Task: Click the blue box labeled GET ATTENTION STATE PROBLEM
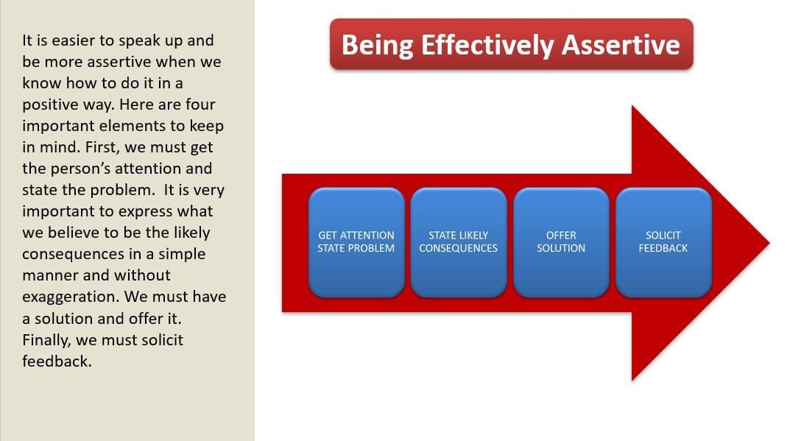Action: coord(356,242)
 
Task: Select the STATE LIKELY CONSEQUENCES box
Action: coord(459,242)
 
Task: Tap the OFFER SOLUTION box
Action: coord(562,242)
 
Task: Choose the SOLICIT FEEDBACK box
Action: coord(663,242)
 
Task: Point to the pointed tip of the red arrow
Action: coord(769,243)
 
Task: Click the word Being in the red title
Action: coord(377,46)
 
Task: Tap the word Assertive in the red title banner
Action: coord(621,45)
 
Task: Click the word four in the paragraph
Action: coord(200,105)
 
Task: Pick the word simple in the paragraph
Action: coord(182,255)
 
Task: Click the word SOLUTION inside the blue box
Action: coord(561,248)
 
